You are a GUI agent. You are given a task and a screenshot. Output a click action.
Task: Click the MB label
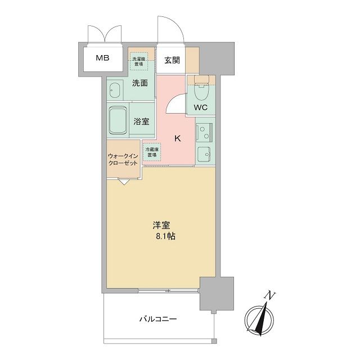pos(102,57)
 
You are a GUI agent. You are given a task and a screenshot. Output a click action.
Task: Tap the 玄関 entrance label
pos(172,61)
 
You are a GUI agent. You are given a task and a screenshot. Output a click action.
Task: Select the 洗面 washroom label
pos(140,83)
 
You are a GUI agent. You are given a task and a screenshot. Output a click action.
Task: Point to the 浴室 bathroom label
pos(141,120)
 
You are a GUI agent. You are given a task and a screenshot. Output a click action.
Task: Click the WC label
pos(201,107)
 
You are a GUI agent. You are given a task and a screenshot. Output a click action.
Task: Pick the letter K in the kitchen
pos(177,138)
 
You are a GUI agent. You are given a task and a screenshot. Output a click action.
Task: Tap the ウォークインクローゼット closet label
pos(123,160)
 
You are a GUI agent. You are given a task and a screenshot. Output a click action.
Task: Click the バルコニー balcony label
pos(159,319)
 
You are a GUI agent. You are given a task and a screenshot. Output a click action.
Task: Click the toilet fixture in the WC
pos(201,87)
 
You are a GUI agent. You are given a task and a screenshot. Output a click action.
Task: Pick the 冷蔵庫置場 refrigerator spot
pos(151,151)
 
